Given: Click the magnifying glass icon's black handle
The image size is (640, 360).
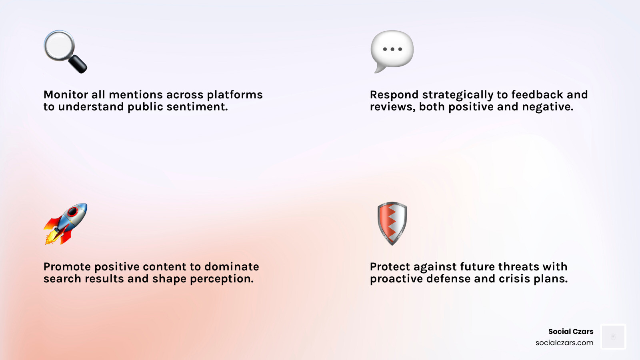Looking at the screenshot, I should pyautogui.click(x=78, y=64).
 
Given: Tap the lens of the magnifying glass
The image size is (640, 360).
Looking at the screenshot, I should pyautogui.click(x=60, y=45).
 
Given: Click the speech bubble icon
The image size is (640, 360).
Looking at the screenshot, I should pyautogui.click(x=392, y=50).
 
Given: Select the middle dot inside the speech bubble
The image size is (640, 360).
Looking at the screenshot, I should pyautogui.click(x=392, y=49).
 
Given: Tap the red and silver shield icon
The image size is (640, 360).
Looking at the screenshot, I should pyautogui.click(x=392, y=223).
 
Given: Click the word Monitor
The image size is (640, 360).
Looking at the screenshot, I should pyautogui.click(x=66, y=95).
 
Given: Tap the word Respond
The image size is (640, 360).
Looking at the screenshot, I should pyautogui.click(x=394, y=95).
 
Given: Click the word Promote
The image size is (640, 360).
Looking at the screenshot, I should pyautogui.click(x=67, y=267).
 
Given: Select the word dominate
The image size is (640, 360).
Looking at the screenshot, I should pyautogui.click(x=232, y=267).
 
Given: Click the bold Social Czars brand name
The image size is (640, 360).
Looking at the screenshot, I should pyautogui.click(x=570, y=331).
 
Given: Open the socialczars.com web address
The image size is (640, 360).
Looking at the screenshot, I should pyautogui.click(x=564, y=343).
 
